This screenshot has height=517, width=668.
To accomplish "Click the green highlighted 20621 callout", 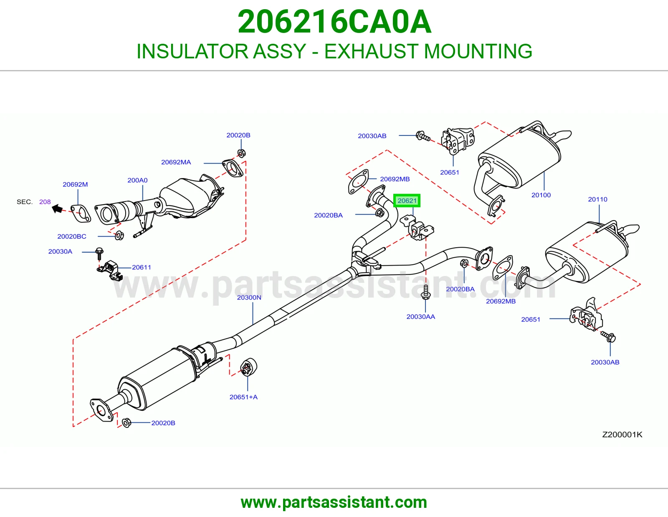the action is click(407, 201).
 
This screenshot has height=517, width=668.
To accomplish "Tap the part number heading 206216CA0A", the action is click(334, 22).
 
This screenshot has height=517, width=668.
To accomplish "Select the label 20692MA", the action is click(176, 162).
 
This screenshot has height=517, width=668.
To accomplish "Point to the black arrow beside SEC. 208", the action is click(57, 209).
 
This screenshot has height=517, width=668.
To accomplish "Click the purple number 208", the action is click(45, 202).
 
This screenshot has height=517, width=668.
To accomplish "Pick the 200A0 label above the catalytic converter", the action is click(137, 180).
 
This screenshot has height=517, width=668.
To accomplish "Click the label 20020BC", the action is click(72, 236).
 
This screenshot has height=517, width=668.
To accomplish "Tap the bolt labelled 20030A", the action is click(99, 253).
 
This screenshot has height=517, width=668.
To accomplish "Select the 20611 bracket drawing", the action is click(110, 270).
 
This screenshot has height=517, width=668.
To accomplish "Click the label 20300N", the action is click(249, 298).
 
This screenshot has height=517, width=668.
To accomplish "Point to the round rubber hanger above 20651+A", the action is click(248, 367).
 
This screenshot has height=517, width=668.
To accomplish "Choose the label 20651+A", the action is click(243, 397).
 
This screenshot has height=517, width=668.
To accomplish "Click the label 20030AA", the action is click(420, 316).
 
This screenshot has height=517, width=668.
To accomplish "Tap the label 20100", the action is click(541, 195).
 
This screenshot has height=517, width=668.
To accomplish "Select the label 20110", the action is click(597, 199).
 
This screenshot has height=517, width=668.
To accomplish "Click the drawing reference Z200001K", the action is click(622, 434).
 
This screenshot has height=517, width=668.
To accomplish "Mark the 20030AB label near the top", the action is click(372, 136).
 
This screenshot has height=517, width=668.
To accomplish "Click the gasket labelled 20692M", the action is click(81, 213).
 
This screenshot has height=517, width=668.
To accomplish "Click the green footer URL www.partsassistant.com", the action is click(334, 502).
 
